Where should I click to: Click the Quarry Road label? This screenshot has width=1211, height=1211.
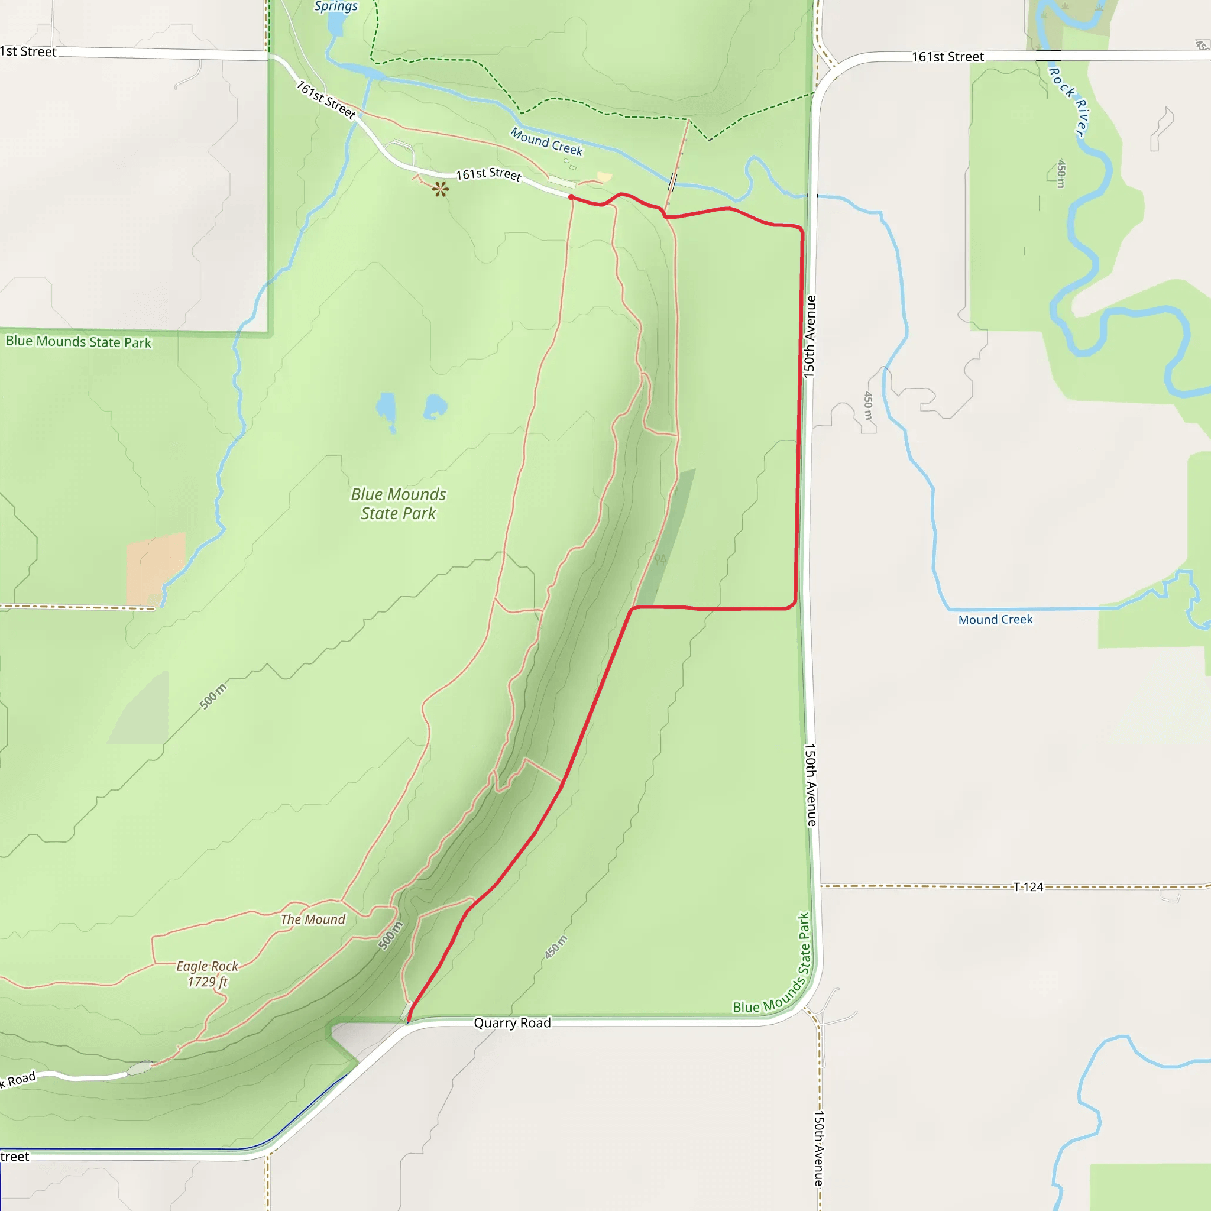tap(512, 1022)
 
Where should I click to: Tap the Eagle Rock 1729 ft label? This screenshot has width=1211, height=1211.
tap(208, 973)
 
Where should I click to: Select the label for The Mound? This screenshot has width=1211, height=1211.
tap(313, 919)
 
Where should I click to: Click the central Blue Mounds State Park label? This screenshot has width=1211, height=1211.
tap(398, 503)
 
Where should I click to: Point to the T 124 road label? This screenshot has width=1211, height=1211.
tap(1028, 886)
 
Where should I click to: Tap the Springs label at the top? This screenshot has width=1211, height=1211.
tap(336, 7)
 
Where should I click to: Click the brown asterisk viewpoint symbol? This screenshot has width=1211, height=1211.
tap(441, 189)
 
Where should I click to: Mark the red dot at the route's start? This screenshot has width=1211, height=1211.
tap(571, 197)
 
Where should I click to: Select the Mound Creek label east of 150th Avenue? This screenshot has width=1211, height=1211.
tap(995, 619)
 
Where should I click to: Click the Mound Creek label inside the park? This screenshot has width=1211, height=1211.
tap(546, 142)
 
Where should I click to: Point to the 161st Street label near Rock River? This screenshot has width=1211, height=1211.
tap(947, 57)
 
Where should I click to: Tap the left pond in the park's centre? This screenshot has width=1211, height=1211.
tap(386, 409)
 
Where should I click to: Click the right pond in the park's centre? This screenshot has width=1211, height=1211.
tap(435, 406)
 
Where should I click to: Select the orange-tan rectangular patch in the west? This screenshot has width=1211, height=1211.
tap(156, 568)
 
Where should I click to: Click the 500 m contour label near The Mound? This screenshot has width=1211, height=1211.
tap(390, 935)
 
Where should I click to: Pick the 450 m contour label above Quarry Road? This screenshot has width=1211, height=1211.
tap(555, 947)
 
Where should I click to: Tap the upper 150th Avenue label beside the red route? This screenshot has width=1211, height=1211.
tap(810, 336)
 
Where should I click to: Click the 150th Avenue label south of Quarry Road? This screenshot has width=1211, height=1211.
tap(819, 1148)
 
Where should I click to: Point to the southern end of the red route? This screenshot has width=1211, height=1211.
tap(408, 1021)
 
